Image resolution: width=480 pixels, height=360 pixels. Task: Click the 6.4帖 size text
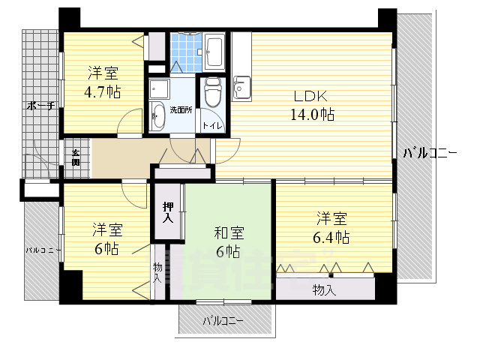(x=331, y=237)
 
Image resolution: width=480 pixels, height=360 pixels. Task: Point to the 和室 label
(x=227, y=234)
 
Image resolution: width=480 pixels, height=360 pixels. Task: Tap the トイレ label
(x=211, y=126)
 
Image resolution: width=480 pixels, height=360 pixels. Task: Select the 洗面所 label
(x=181, y=110)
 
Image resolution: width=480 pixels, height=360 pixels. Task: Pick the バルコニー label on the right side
(x=430, y=153)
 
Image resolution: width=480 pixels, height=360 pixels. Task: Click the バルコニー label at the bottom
(x=223, y=321)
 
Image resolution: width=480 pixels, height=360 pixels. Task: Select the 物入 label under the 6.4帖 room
(x=324, y=289)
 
